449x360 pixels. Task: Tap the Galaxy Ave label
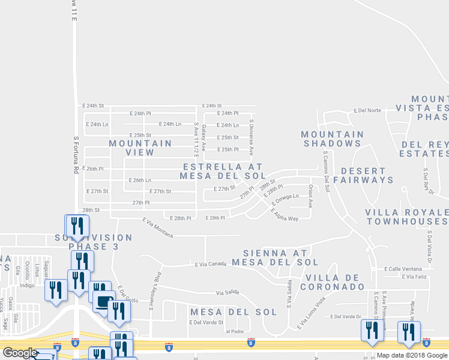tap(204, 137)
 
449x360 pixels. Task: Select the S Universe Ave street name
tap(252, 137)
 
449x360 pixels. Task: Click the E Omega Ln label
tap(285, 199)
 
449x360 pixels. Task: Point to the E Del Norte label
tap(368, 110)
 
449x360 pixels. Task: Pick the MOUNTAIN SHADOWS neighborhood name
tap(332, 139)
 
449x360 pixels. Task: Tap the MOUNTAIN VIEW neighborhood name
tap(140, 148)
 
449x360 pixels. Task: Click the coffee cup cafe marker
tap(104, 301)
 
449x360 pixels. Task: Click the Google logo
tap(19, 353)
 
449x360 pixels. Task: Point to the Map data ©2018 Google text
tap(411, 355)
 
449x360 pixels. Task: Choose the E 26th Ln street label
tap(140, 180)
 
